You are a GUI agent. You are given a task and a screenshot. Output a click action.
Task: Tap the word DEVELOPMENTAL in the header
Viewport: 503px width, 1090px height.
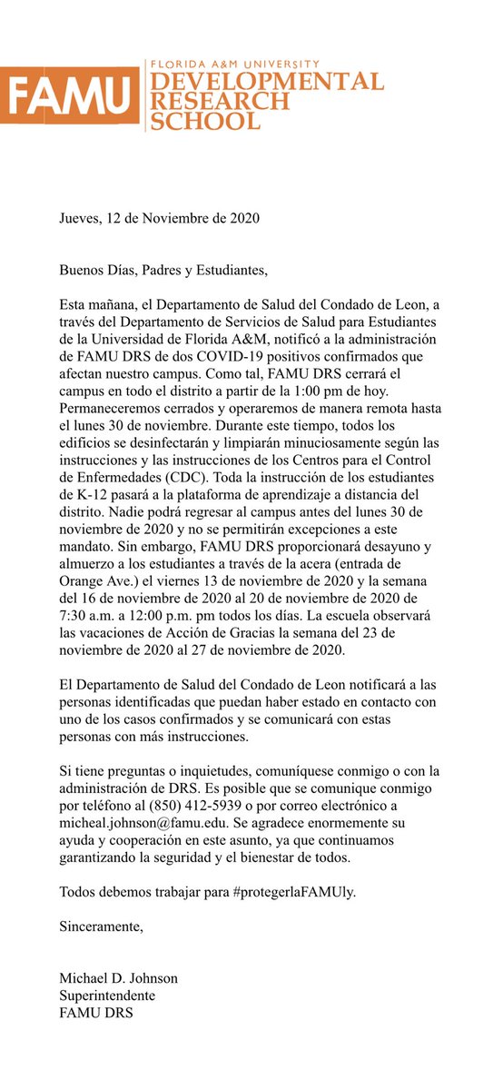264,82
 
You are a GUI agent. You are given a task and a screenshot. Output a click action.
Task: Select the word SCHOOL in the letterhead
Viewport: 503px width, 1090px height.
205,118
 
